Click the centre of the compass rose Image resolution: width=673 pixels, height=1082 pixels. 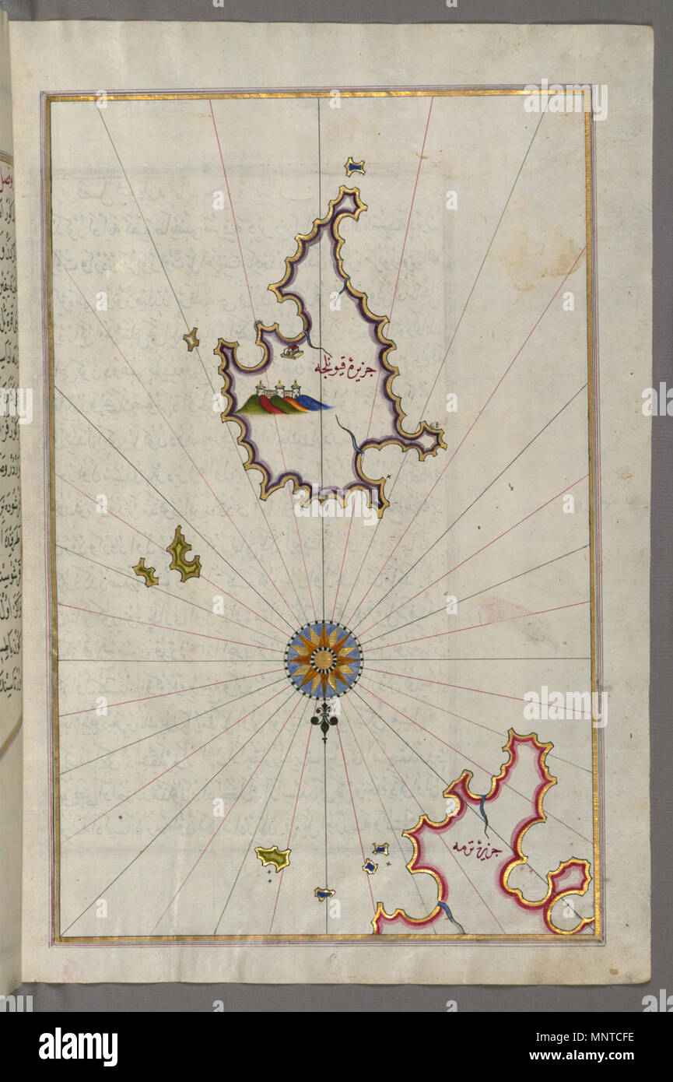323,659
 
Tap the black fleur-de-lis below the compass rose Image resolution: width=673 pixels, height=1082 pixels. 324,721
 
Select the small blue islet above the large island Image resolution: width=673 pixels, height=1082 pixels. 355,166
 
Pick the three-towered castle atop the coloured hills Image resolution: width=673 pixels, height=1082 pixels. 278,388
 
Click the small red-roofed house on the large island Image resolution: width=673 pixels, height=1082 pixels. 292,352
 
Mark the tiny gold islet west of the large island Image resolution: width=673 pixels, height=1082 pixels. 191,339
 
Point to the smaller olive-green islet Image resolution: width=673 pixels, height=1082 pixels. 145,572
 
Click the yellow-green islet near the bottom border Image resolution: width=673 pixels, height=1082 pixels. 272,858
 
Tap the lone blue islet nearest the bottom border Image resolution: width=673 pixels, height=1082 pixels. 324,894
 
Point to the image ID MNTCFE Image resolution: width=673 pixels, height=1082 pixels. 610,1037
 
